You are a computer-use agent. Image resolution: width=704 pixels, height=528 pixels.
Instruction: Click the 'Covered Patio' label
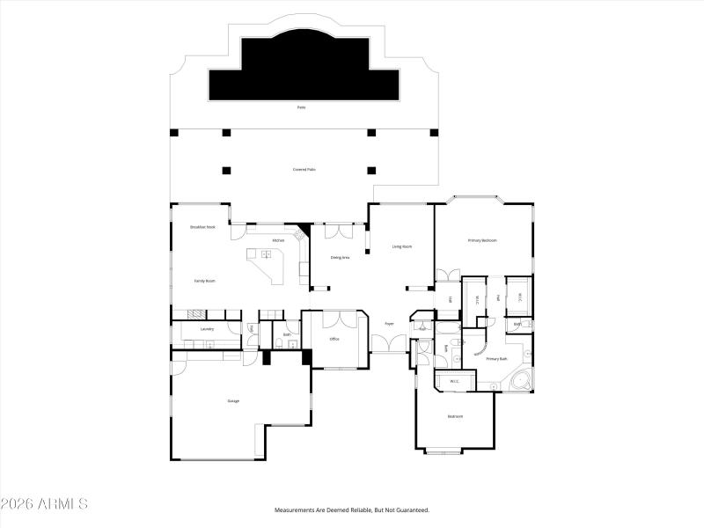coord(304,170)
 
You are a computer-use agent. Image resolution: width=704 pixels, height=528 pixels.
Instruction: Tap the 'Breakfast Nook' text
coord(203,227)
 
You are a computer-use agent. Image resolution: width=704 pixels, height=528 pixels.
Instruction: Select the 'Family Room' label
coord(205,281)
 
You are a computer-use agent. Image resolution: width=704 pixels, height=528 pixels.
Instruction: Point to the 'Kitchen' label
coord(277,240)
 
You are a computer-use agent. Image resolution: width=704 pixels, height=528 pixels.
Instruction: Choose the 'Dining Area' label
coord(341,258)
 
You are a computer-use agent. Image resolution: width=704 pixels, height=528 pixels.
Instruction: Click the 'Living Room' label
coord(401,247)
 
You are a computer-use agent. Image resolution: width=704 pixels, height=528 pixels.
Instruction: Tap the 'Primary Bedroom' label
coord(482,240)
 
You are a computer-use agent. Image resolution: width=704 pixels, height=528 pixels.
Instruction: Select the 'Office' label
coord(334,339)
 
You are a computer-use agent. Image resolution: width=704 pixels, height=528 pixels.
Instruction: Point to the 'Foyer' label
coord(388,324)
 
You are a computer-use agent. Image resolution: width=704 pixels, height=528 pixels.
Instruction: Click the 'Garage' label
coord(233,401)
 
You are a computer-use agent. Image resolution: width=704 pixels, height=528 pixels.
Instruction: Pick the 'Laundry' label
coord(208,329)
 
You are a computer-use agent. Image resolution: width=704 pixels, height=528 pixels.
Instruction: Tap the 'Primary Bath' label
coord(496,359)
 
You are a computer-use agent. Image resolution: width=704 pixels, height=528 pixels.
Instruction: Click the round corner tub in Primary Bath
coord(519,382)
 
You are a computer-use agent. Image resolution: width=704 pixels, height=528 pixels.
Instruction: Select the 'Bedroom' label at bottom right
coord(455,416)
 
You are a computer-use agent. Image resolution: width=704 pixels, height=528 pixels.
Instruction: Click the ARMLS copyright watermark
coord(44,504)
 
